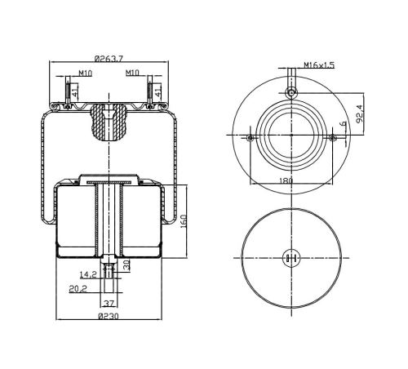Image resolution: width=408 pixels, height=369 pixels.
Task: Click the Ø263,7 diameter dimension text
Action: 109,58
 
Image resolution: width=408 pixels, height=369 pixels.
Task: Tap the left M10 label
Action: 86,73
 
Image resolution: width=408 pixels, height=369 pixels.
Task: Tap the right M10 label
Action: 132,73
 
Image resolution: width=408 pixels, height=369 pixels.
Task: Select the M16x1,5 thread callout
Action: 319,65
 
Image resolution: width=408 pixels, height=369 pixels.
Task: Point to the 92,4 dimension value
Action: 360,114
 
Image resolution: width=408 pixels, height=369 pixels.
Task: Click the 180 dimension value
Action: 286,180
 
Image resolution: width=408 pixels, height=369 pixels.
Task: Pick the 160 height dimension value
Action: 184,221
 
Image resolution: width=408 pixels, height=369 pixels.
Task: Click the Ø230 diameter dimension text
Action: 109,316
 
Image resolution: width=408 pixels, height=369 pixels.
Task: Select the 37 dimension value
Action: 109,303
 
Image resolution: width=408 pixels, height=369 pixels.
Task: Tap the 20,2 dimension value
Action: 78,288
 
